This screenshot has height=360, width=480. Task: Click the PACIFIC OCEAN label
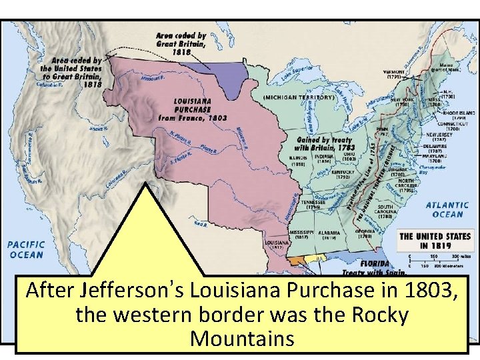[x=26, y=249]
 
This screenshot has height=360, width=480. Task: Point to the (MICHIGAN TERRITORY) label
[x=298, y=97]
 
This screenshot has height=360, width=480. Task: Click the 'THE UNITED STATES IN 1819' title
[x=435, y=241]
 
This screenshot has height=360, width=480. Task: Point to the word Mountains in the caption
[x=241, y=338]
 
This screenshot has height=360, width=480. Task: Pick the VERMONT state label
[x=394, y=71]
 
